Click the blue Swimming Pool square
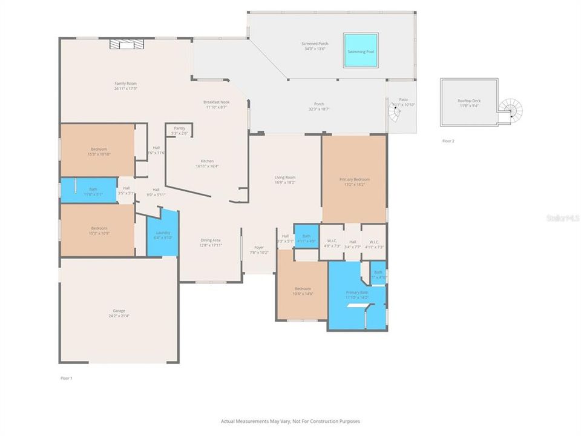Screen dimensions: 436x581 tap(361, 51)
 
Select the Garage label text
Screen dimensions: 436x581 tap(118, 311)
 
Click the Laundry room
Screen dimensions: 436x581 tap(163, 233)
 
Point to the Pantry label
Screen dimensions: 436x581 tap(179, 128)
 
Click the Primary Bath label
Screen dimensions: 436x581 tap(356, 292)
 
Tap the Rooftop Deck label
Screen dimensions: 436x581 tap(469, 101)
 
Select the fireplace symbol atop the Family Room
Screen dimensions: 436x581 tap(125, 44)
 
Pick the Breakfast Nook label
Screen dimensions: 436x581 tap(216, 102)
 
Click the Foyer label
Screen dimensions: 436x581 tap(259, 247)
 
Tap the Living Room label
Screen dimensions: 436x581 tap(284, 177)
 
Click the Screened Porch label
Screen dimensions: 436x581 tap(314, 44)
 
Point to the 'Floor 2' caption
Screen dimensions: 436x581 tap(448, 140)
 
